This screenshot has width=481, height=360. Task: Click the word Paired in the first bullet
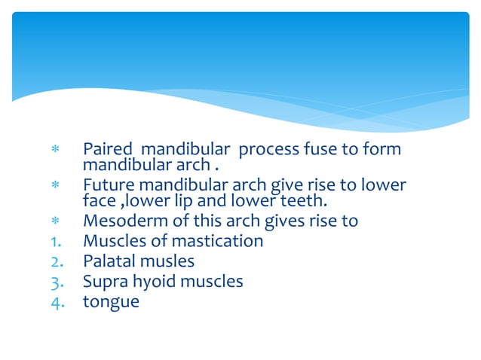click(105, 150)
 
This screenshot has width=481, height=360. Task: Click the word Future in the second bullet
click(106, 185)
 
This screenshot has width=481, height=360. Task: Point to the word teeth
click(305, 200)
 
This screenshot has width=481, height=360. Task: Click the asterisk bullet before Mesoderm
click(54, 221)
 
